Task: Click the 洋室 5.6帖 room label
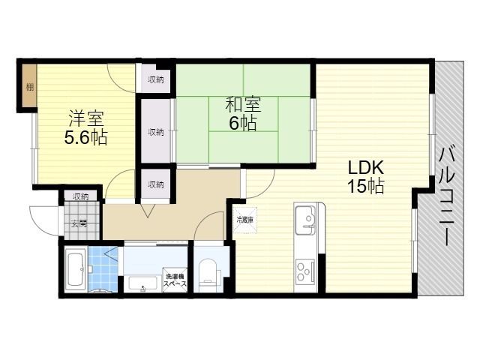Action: click(x=85, y=127)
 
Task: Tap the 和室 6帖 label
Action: click(x=243, y=114)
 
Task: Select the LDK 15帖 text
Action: click(x=366, y=177)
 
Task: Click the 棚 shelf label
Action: click(x=30, y=87)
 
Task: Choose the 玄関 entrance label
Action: click(x=79, y=223)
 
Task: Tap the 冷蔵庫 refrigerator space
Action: click(x=245, y=220)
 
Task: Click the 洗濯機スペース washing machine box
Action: click(x=175, y=280)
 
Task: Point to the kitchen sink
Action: click(x=305, y=219)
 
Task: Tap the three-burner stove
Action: click(x=305, y=271)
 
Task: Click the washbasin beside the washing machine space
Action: click(x=143, y=283)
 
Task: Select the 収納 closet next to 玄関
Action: click(x=81, y=196)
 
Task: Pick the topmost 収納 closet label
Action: click(x=156, y=79)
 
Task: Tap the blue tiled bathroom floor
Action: click(x=103, y=269)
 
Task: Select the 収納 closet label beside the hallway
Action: click(x=156, y=184)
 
